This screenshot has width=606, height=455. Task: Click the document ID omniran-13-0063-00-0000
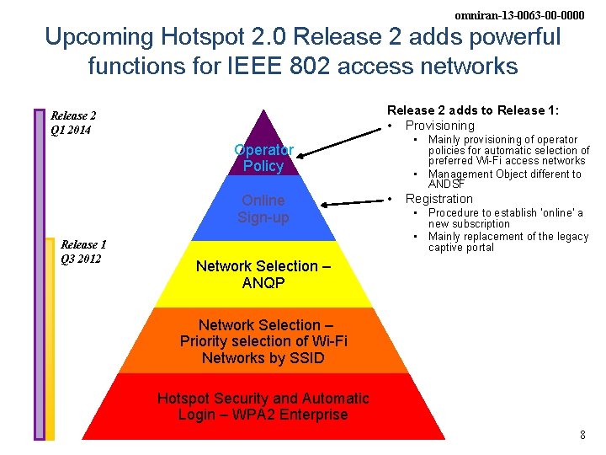tap(518, 15)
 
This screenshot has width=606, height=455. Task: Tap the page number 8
tap(582, 435)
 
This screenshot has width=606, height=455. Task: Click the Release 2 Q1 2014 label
tap(73, 123)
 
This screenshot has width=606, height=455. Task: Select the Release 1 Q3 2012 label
tap(83, 252)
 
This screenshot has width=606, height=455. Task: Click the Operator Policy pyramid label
tap(263, 158)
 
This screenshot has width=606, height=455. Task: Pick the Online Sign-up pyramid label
tap(263, 209)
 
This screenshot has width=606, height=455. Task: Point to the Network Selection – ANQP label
tap(263, 275)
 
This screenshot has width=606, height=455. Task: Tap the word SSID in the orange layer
tap(306, 357)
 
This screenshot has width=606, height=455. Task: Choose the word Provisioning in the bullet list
tap(440, 126)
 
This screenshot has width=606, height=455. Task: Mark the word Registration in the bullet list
tap(439, 199)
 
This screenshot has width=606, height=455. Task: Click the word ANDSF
tap(446, 184)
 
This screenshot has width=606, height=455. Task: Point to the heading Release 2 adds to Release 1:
tap(473, 110)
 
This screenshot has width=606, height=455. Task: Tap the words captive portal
tap(461, 248)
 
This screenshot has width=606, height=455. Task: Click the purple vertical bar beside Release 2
tap(39, 274)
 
